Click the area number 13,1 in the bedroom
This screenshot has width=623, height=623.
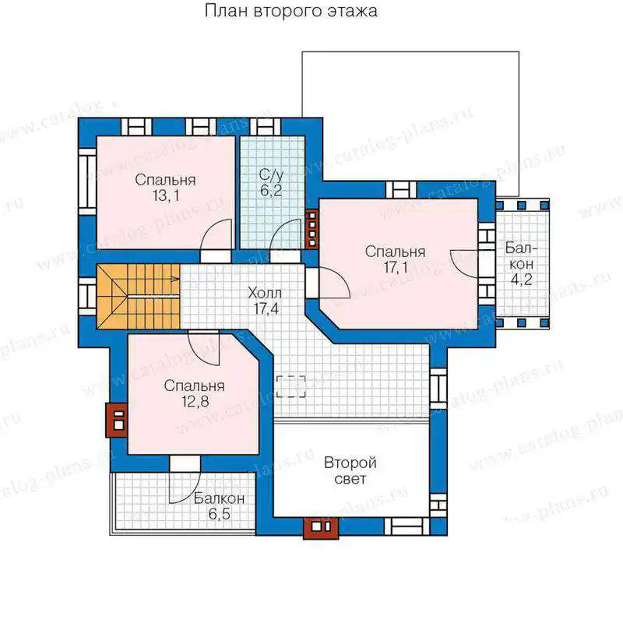pyautogui.click(x=166, y=195)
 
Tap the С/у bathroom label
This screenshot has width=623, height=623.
pyautogui.click(x=271, y=174)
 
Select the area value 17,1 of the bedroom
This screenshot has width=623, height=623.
pyautogui.click(x=396, y=267)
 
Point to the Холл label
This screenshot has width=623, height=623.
pyautogui.click(x=265, y=294)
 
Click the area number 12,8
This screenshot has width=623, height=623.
pyautogui.click(x=195, y=402)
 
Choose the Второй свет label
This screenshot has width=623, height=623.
pyautogui.click(x=350, y=471)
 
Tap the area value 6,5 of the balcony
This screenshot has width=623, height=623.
pyautogui.click(x=220, y=514)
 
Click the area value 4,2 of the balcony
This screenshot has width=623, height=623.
pyautogui.click(x=521, y=280)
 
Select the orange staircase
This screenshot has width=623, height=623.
pyautogui.click(x=139, y=297)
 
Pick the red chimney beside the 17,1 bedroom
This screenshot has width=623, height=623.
pyautogui.click(x=312, y=229)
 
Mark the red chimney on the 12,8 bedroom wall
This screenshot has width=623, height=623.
pyautogui.click(x=116, y=421)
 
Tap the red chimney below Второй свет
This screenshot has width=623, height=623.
pyautogui.click(x=321, y=528)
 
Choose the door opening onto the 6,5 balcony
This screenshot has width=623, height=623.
pyautogui.click(x=185, y=487)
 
